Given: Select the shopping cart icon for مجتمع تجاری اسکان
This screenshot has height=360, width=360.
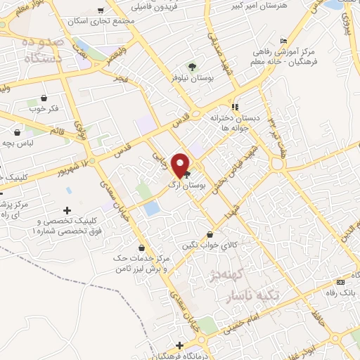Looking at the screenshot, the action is tap(101, 11).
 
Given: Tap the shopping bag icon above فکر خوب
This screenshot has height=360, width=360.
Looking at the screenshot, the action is tap(44, 98).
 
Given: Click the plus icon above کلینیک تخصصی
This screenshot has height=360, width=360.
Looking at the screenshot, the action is tap(67, 210).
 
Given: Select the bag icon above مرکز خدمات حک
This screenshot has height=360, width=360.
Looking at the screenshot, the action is tap(143, 247).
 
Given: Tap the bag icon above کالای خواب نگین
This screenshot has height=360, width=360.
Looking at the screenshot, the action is tap(209, 235).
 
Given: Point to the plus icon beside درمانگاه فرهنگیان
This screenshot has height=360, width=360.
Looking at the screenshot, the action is tap(181, 346).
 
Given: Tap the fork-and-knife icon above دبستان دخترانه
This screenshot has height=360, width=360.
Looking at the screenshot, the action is tap(236, 107).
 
